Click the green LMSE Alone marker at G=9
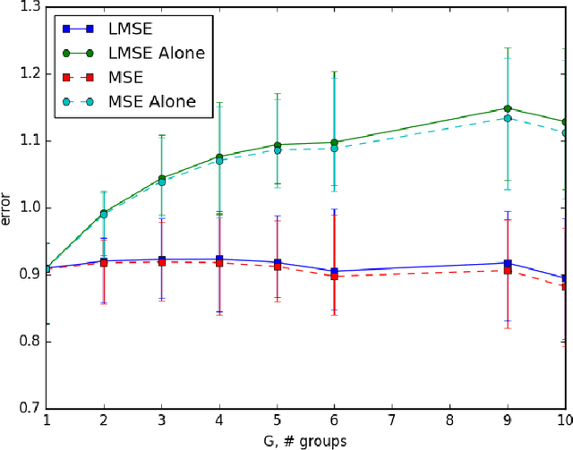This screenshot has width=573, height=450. tap(507, 108)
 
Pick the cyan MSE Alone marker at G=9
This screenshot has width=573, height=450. tap(507, 118)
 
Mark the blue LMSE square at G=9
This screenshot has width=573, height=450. tap(508, 263)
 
